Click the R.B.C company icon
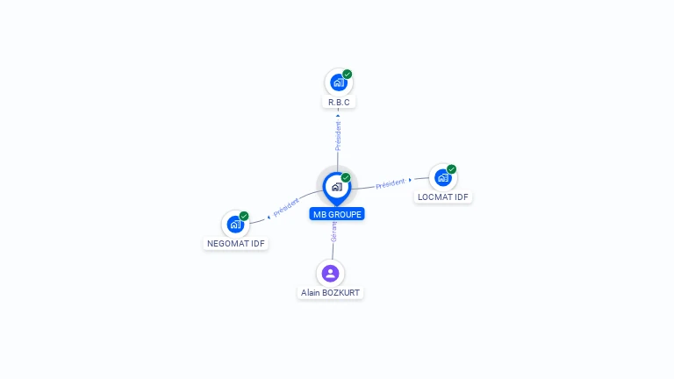(x=338, y=83)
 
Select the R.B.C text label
(x=339, y=103)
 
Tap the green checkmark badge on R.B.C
(x=348, y=75)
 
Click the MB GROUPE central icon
(x=336, y=186)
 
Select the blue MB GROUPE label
(x=337, y=214)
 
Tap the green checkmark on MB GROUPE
(x=346, y=178)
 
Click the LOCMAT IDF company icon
(x=442, y=177)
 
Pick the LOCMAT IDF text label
(x=443, y=197)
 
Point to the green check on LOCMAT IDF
(x=451, y=169)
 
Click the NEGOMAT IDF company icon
(x=235, y=224)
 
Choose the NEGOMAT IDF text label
(x=236, y=243)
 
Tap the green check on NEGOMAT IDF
(x=244, y=216)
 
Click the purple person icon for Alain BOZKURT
(x=330, y=273)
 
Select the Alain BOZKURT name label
(x=330, y=293)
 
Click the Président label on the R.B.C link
(x=338, y=135)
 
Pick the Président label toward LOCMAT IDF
(x=390, y=183)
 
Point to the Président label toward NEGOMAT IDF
(x=286, y=208)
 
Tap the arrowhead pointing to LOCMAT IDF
(x=410, y=180)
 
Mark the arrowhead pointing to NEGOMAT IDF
(x=269, y=215)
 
